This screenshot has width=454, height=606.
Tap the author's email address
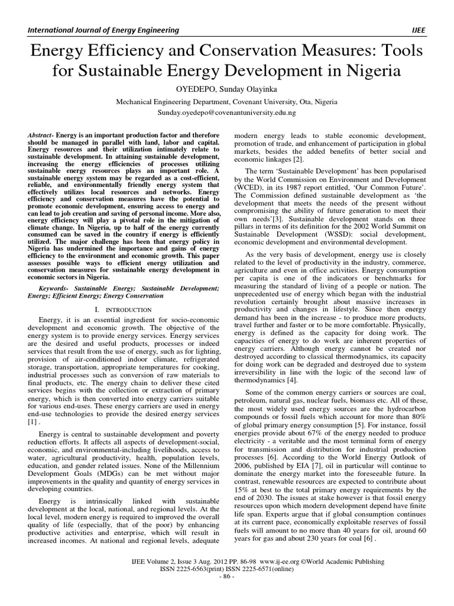[x=227, y=111]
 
